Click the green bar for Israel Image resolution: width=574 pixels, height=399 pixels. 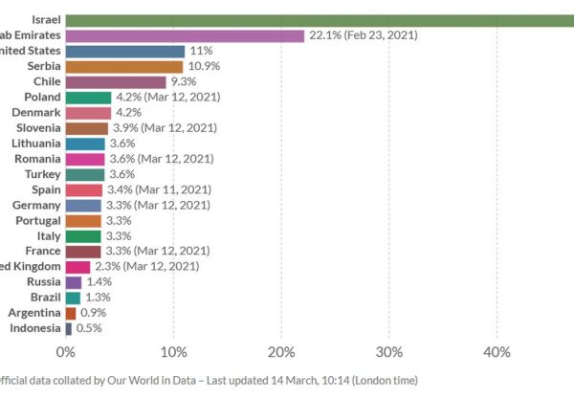pyautogui.click(x=316, y=19)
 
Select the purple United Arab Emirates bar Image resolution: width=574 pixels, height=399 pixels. pyautogui.click(x=185, y=35)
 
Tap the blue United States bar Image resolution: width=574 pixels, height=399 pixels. pyautogui.click(x=125, y=51)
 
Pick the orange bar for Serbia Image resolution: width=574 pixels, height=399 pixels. pyautogui.click(x=124, y=66)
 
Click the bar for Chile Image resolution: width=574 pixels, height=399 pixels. pyautogui.click(x=116, y=82)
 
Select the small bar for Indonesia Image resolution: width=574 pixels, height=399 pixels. pyautogui.click(x=69, y=328)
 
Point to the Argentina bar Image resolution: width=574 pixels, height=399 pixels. pyautogui.click(x=71, y=313)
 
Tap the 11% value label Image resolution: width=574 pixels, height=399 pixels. pyautogui.click(x=201, y=51)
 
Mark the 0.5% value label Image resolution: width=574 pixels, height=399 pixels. pyautogui.click(x=89, y=328)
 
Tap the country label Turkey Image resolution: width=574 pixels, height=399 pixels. pyautogui.click(x=42, y=174)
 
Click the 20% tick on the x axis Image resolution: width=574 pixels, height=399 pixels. pyautogui.click(x=280, y=352)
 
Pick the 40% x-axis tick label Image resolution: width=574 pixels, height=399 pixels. pyautogui.click(x=496, y=352)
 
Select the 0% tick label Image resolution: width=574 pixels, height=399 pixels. pyautogui.click(x=66, y=352)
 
